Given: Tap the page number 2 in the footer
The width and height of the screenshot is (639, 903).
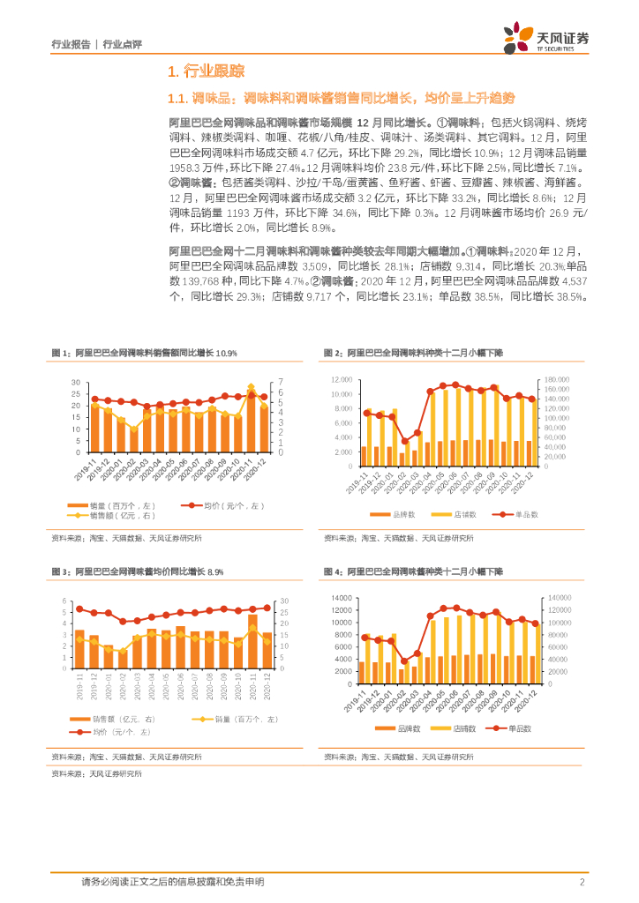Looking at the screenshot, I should [582, 882].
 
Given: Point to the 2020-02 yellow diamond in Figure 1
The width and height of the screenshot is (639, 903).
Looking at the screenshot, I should [134, 429].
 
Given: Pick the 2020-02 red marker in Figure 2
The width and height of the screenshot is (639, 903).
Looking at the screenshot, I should [404, 441].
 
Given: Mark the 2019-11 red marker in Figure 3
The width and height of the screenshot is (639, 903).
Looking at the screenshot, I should [79, 609].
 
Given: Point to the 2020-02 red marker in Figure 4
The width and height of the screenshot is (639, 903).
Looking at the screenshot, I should [404, 660].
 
